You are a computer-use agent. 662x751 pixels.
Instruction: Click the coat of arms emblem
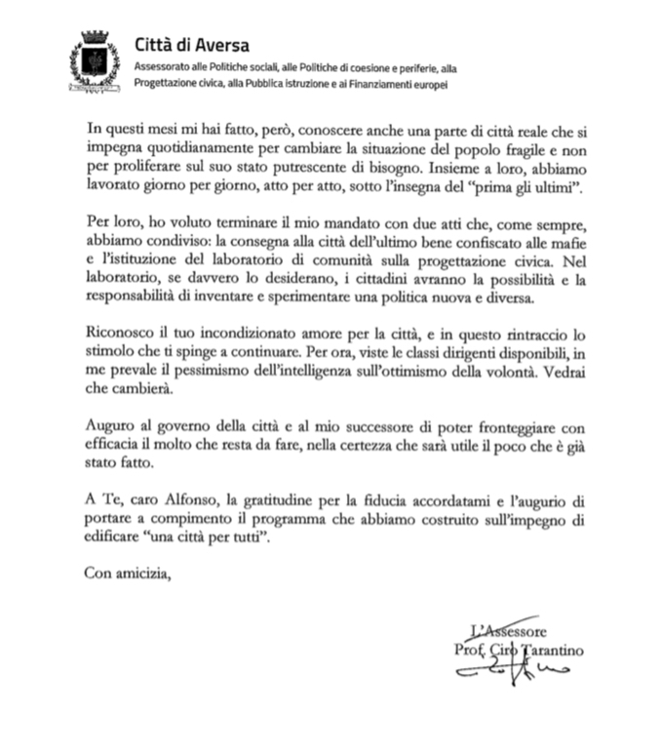coord(95,61)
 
